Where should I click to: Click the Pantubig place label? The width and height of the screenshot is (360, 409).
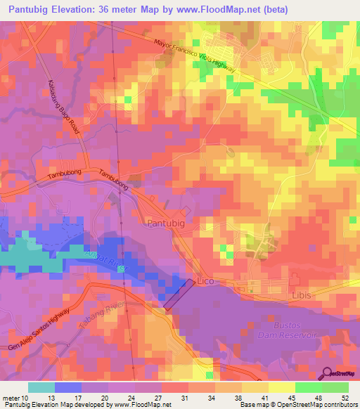pyautogui.click(x=166, y=223)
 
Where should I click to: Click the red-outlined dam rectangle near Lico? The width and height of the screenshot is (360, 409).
pyautogui.click(x=179, y=294)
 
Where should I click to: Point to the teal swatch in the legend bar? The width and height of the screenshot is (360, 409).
pyautogui.click(x=41, y=387)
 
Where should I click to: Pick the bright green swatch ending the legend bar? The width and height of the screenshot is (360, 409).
pyautogui.click(x=335, y=387)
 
